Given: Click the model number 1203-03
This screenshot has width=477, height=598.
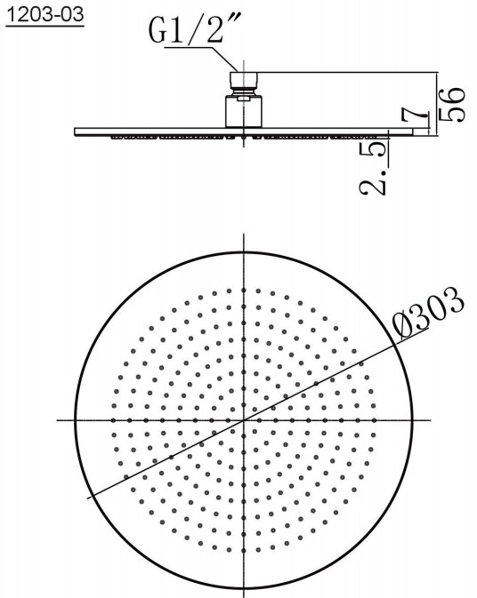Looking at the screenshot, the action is click(x=45, y=15).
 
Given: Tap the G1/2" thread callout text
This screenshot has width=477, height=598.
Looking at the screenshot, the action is click(x=194, y=28).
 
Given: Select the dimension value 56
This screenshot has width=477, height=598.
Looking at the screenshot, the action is click(x=452, y=105).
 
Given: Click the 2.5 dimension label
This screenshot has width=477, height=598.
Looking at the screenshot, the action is click(x=373, y=168).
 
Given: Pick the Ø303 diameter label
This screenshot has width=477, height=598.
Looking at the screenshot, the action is click(x=428, y=314).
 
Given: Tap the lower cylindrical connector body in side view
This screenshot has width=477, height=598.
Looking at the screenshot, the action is click(x=244, y=111).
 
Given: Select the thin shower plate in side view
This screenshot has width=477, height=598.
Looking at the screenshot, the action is click(x=244, y=132).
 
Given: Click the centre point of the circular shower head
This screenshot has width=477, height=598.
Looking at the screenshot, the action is click(x=244, y=420).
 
